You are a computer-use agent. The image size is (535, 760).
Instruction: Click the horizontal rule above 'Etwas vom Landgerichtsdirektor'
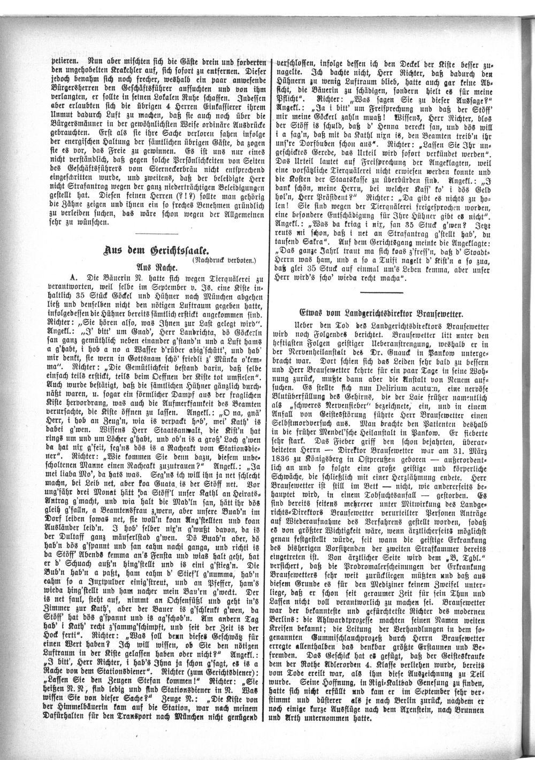click(382, 291)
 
